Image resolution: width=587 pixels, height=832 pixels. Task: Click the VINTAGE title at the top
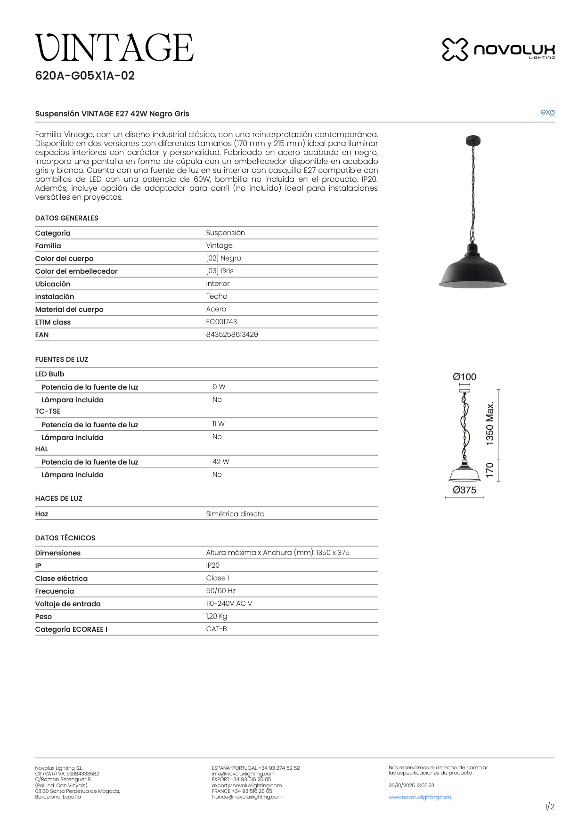(x=114, y=48)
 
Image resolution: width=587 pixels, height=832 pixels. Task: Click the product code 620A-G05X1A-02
(x=85, y=76)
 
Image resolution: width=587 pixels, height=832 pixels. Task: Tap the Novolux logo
(x=498, y=49)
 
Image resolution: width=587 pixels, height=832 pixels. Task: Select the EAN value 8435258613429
(x=232, y=334)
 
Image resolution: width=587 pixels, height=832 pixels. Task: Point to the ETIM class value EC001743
(x=221, y=322)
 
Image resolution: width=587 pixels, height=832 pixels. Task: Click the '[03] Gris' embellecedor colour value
(x=220, y=271)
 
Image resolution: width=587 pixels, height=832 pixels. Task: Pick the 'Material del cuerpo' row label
(x=69, y=310)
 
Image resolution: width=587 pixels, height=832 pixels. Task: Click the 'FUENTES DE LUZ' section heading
(x=62, y=359)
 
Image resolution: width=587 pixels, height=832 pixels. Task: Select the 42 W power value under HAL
(x=220, y=462)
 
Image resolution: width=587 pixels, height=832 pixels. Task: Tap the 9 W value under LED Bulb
(x=219, y=387)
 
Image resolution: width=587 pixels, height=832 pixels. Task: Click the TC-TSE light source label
(x=48, y=411)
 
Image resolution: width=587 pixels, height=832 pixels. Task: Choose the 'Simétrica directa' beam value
(x=235, y=514)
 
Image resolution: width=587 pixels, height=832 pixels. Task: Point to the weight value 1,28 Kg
(x=216, y=616)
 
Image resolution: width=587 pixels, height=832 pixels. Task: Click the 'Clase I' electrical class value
(x=217, y=578)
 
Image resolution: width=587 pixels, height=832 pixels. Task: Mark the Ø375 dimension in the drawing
(x=465, y=490)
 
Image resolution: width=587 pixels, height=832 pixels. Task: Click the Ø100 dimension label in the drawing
(x=465, y=377)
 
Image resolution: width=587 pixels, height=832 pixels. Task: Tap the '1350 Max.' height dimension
(x=490, y=424)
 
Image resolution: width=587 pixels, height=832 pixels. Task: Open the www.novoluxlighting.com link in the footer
(x=420, y=797)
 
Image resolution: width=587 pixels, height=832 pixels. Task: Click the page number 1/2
(x=549, y=807)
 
